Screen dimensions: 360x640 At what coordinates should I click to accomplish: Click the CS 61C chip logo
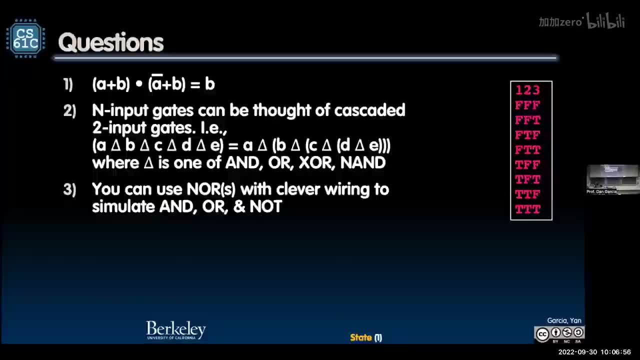25,38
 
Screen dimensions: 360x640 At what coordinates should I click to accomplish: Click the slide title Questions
111,43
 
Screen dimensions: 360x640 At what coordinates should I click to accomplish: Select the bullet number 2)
69,111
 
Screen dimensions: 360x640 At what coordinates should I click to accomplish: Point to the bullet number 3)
69,190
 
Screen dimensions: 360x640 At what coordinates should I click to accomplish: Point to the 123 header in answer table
528,90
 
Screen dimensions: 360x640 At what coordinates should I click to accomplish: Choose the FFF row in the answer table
528,105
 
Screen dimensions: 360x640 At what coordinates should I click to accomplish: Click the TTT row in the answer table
528,209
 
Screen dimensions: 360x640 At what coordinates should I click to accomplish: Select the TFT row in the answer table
528,179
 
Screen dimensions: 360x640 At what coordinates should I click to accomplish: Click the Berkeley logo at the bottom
176,330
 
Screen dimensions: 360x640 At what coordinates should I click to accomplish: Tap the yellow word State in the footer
361,337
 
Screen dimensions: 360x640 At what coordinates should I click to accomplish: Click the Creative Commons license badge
559,333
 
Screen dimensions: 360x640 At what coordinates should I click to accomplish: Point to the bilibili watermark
605,21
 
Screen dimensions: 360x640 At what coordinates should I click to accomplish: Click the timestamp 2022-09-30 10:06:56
594,352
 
